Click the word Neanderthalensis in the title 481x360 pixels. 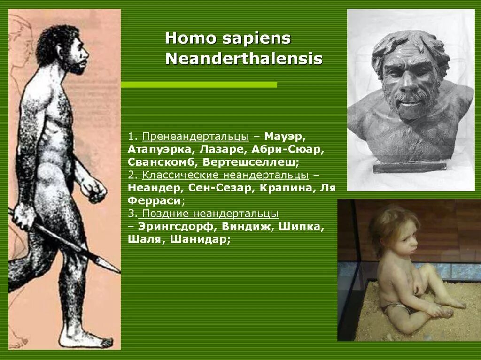(244, 59)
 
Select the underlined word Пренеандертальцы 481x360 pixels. (195, 137)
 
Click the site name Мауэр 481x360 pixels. (285, 137)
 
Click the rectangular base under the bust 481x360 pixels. (410, 166)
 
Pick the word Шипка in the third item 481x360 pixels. (301, 227)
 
